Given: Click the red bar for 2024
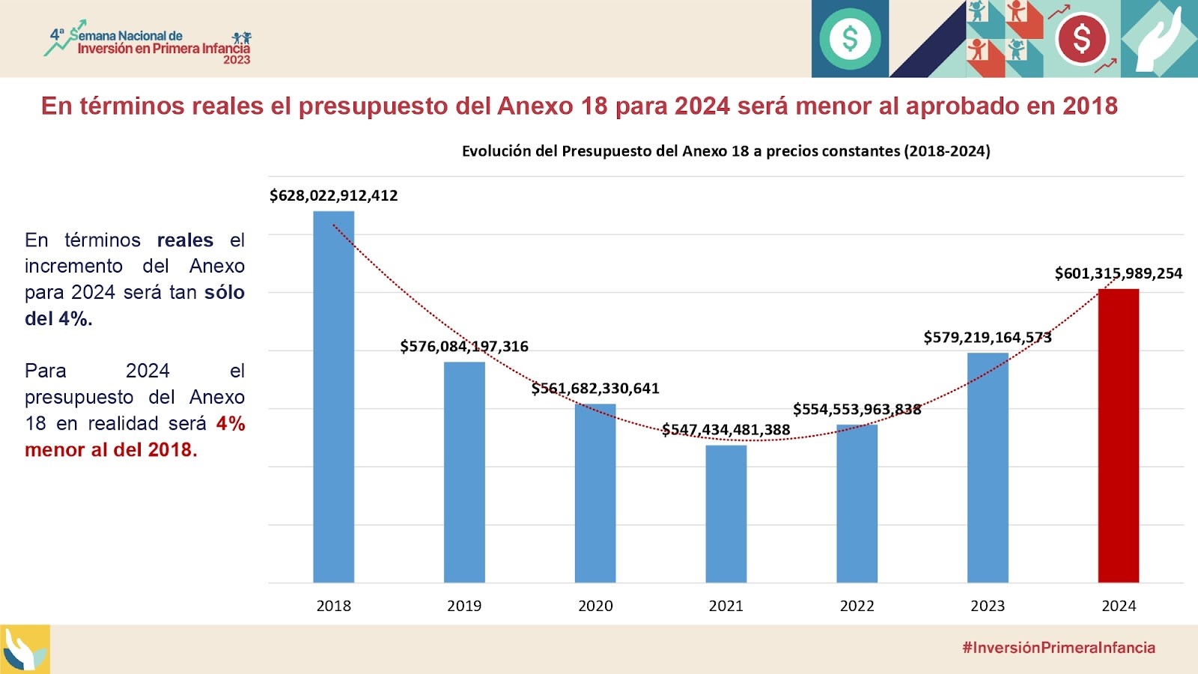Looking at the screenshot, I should [1118, 435].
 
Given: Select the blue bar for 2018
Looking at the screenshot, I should [333, 397].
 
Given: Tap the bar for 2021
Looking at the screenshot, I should [726, 514].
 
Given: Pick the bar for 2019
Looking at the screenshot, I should [464, 472].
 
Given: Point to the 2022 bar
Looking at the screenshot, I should [857, 503].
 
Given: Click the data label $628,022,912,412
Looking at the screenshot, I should [333, 195].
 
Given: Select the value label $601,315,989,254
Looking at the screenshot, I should [1118, 273].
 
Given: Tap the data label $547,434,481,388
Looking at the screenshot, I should [726, 430].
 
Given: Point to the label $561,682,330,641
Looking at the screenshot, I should [595, 388].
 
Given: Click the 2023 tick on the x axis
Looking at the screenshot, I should [988, 606].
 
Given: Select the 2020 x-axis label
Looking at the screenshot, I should [595, 606].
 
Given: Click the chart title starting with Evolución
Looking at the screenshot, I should [726, 151].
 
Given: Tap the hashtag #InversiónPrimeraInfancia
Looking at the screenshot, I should [1059, 648].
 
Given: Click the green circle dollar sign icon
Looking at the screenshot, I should [850, 38].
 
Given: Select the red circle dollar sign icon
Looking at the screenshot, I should [1082, 38].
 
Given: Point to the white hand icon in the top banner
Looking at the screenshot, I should [1158, 42].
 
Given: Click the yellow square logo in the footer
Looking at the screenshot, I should [25, 649].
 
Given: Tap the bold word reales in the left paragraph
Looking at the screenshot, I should [185, 240].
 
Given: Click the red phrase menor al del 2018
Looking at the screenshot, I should [111, 450].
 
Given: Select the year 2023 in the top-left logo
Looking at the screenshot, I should [237, 60].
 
